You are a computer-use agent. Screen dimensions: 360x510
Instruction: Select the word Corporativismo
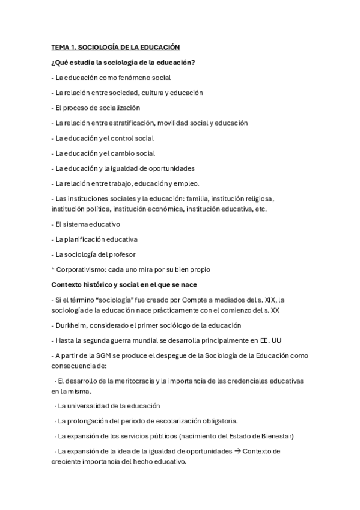coord(82,269)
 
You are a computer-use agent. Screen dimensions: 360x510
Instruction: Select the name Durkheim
coord(71,325)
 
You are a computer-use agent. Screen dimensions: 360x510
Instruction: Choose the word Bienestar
coord(276,435)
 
